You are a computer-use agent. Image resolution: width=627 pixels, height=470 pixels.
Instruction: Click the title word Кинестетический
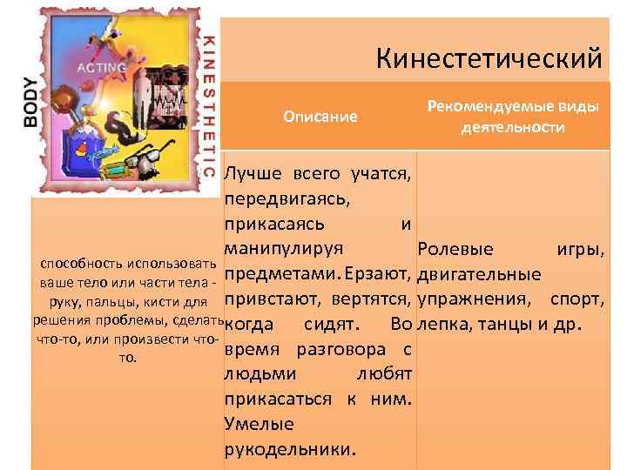(489, 58)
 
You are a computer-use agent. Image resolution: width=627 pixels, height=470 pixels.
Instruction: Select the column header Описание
(320, 117)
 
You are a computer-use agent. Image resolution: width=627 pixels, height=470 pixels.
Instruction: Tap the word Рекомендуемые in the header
(482, 106)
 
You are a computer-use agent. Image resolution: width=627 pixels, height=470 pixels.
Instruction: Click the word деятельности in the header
(512, 128)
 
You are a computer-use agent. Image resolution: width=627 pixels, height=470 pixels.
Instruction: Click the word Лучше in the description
(253, 173)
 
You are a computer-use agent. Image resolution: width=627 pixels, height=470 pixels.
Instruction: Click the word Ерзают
(377, 274)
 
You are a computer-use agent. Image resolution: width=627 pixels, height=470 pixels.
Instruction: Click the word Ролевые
(455, 250)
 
